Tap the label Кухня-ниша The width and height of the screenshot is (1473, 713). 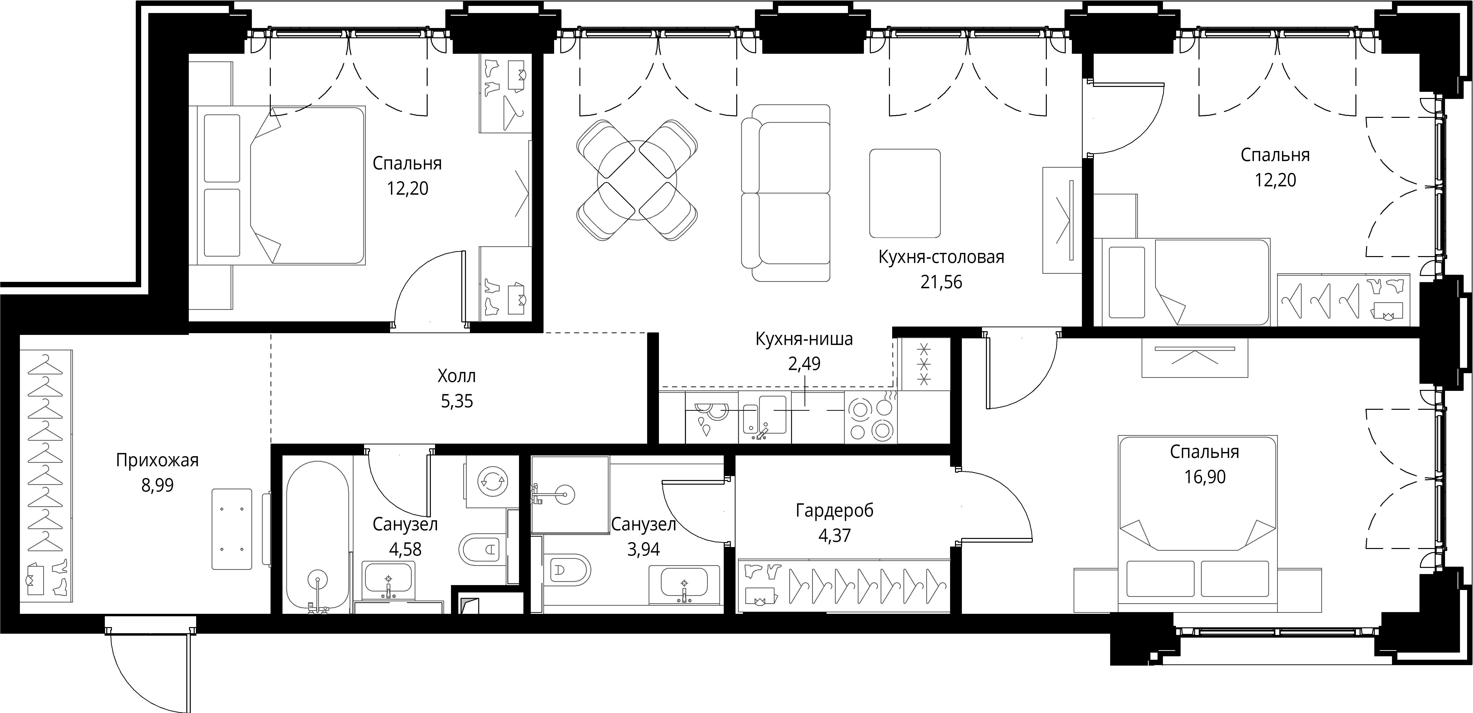click(804, 339)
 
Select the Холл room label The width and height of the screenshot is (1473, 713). click(456, 376)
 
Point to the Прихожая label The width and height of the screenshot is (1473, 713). click(157, 460)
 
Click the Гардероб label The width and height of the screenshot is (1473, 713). click(834, 511)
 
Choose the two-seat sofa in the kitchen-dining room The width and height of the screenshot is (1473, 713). click(785, 193)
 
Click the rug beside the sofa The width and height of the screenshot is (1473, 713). click(905, 193)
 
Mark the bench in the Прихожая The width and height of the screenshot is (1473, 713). click(232, 529)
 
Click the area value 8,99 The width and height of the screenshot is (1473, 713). click(157, 485)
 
